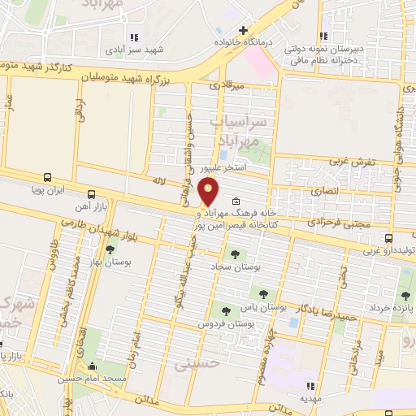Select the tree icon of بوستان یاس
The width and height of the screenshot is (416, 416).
pyautogui.click(x=262, y=292)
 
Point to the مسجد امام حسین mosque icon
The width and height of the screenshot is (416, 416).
pyautogui.click(x=91, y=366)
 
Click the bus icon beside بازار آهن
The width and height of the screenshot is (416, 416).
pyautogui.click(x=91, y=195)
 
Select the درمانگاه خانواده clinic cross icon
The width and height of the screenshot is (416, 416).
pyautogui.click(x=243, y=31)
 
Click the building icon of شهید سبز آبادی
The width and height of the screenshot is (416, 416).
pyautogui.click(x=132, y=37)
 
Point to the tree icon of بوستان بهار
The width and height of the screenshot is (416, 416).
pyautogui.click(x=110, y=250)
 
